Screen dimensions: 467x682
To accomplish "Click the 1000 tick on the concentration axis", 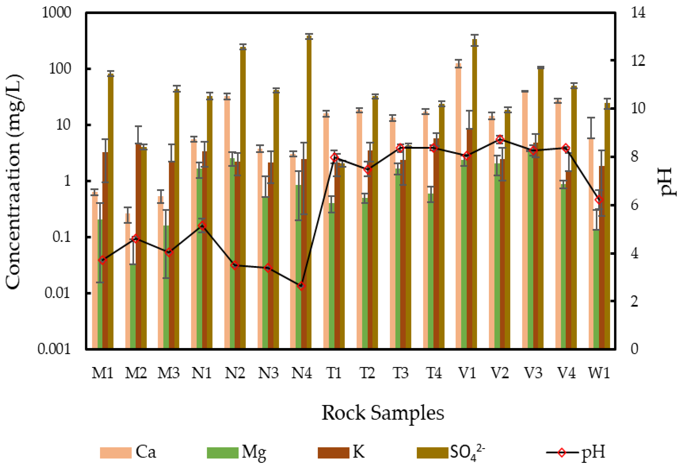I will pos(56,13).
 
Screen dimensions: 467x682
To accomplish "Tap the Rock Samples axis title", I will pos(383,413).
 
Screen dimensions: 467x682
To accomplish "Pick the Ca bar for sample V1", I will pos(458,205).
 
